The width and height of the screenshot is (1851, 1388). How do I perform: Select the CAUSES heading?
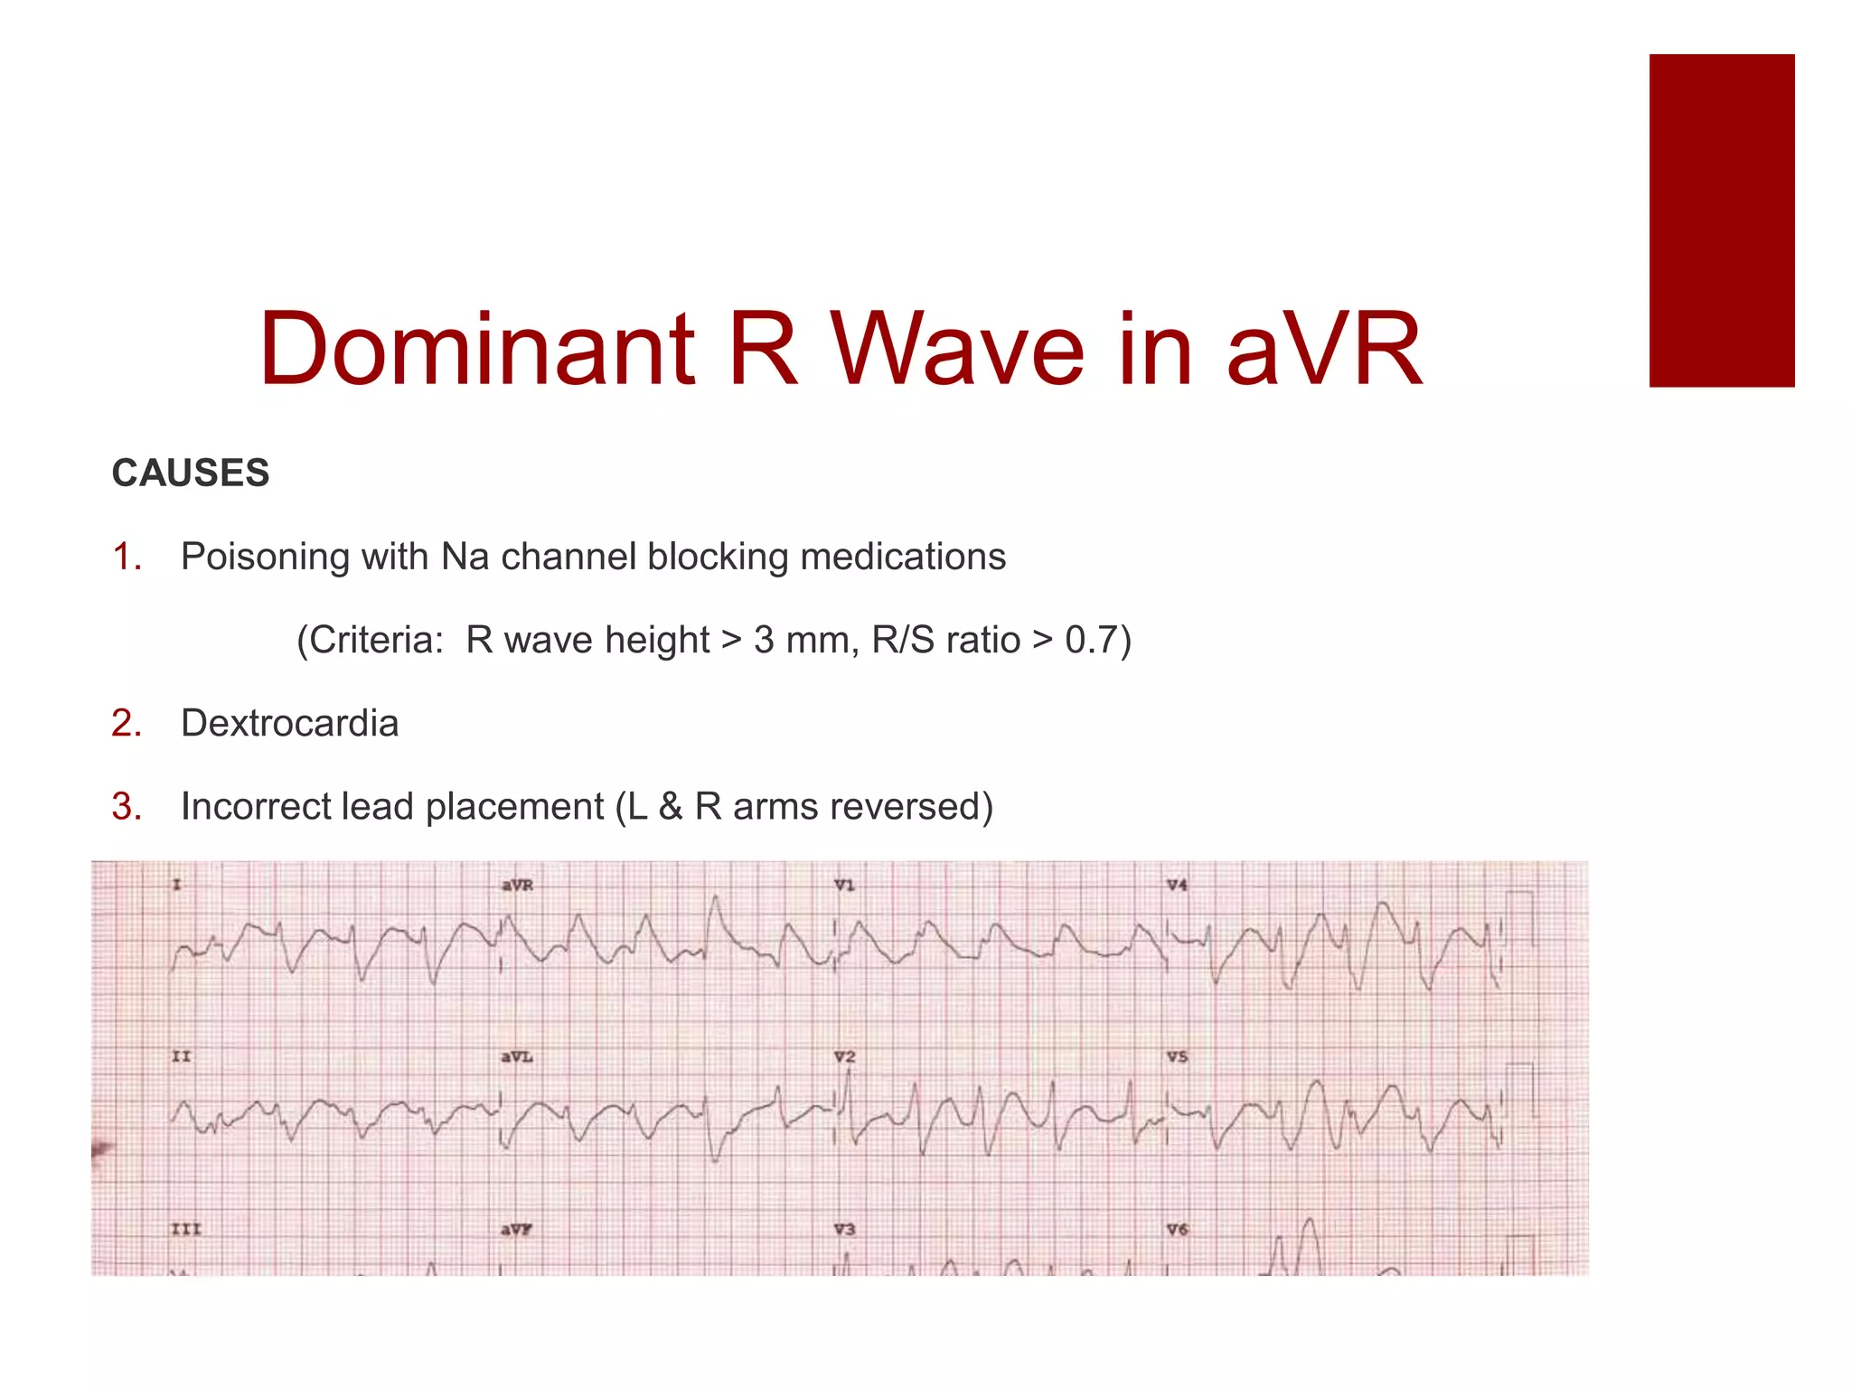[x=191, y=473]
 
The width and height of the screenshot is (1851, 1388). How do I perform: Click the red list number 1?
[x=127, y=557]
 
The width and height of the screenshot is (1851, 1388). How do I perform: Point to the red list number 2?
[x=127, y=723]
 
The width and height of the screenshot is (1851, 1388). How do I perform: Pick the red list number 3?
[x=127, y=806]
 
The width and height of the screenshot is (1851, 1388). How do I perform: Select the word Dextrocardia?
[x=289, y=723]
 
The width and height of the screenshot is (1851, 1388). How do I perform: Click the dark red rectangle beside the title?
[x=1721, y=220]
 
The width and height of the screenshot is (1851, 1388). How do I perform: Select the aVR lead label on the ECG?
[x=517, y=885]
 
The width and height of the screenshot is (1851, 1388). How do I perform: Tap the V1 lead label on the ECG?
[x=844, y=885]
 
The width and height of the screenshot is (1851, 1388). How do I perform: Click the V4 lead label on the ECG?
[x=1176, y=885]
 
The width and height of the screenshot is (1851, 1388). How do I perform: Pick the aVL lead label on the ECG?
[x=517, y=1056]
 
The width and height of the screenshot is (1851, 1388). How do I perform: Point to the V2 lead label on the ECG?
[x=844, y=1056]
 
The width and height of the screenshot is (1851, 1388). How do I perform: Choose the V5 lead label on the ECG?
[x=1176, y=1056]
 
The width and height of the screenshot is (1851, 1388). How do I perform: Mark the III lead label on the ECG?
[x=185, y=1229]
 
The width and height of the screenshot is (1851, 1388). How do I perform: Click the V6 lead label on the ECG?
[x=1176, y=1229]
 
